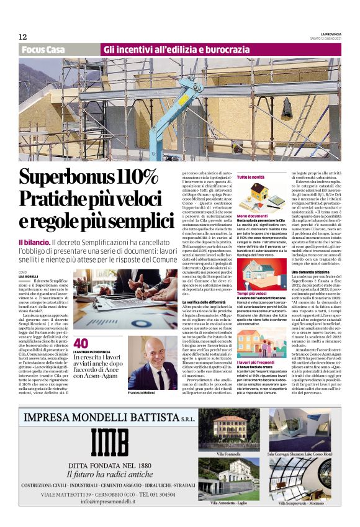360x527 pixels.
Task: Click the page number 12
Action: (22, 37)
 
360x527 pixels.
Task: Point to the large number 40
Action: (81, 343)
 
